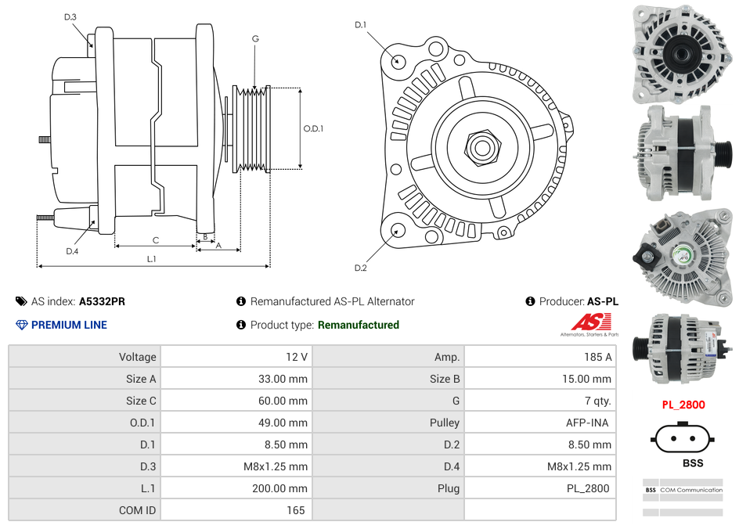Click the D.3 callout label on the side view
click(x=70, y=16)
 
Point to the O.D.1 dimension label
click(x=313, y=128)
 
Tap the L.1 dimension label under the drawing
click(x=152, y=258)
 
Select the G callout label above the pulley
click(x=255, y=38)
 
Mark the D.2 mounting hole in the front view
click(x=398, y=230)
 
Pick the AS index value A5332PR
click(x=102, y=301)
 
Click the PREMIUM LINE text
click(x=69, y=325)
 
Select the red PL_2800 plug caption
click(x=683, y=405)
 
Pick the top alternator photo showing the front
click(x=682, y=52)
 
